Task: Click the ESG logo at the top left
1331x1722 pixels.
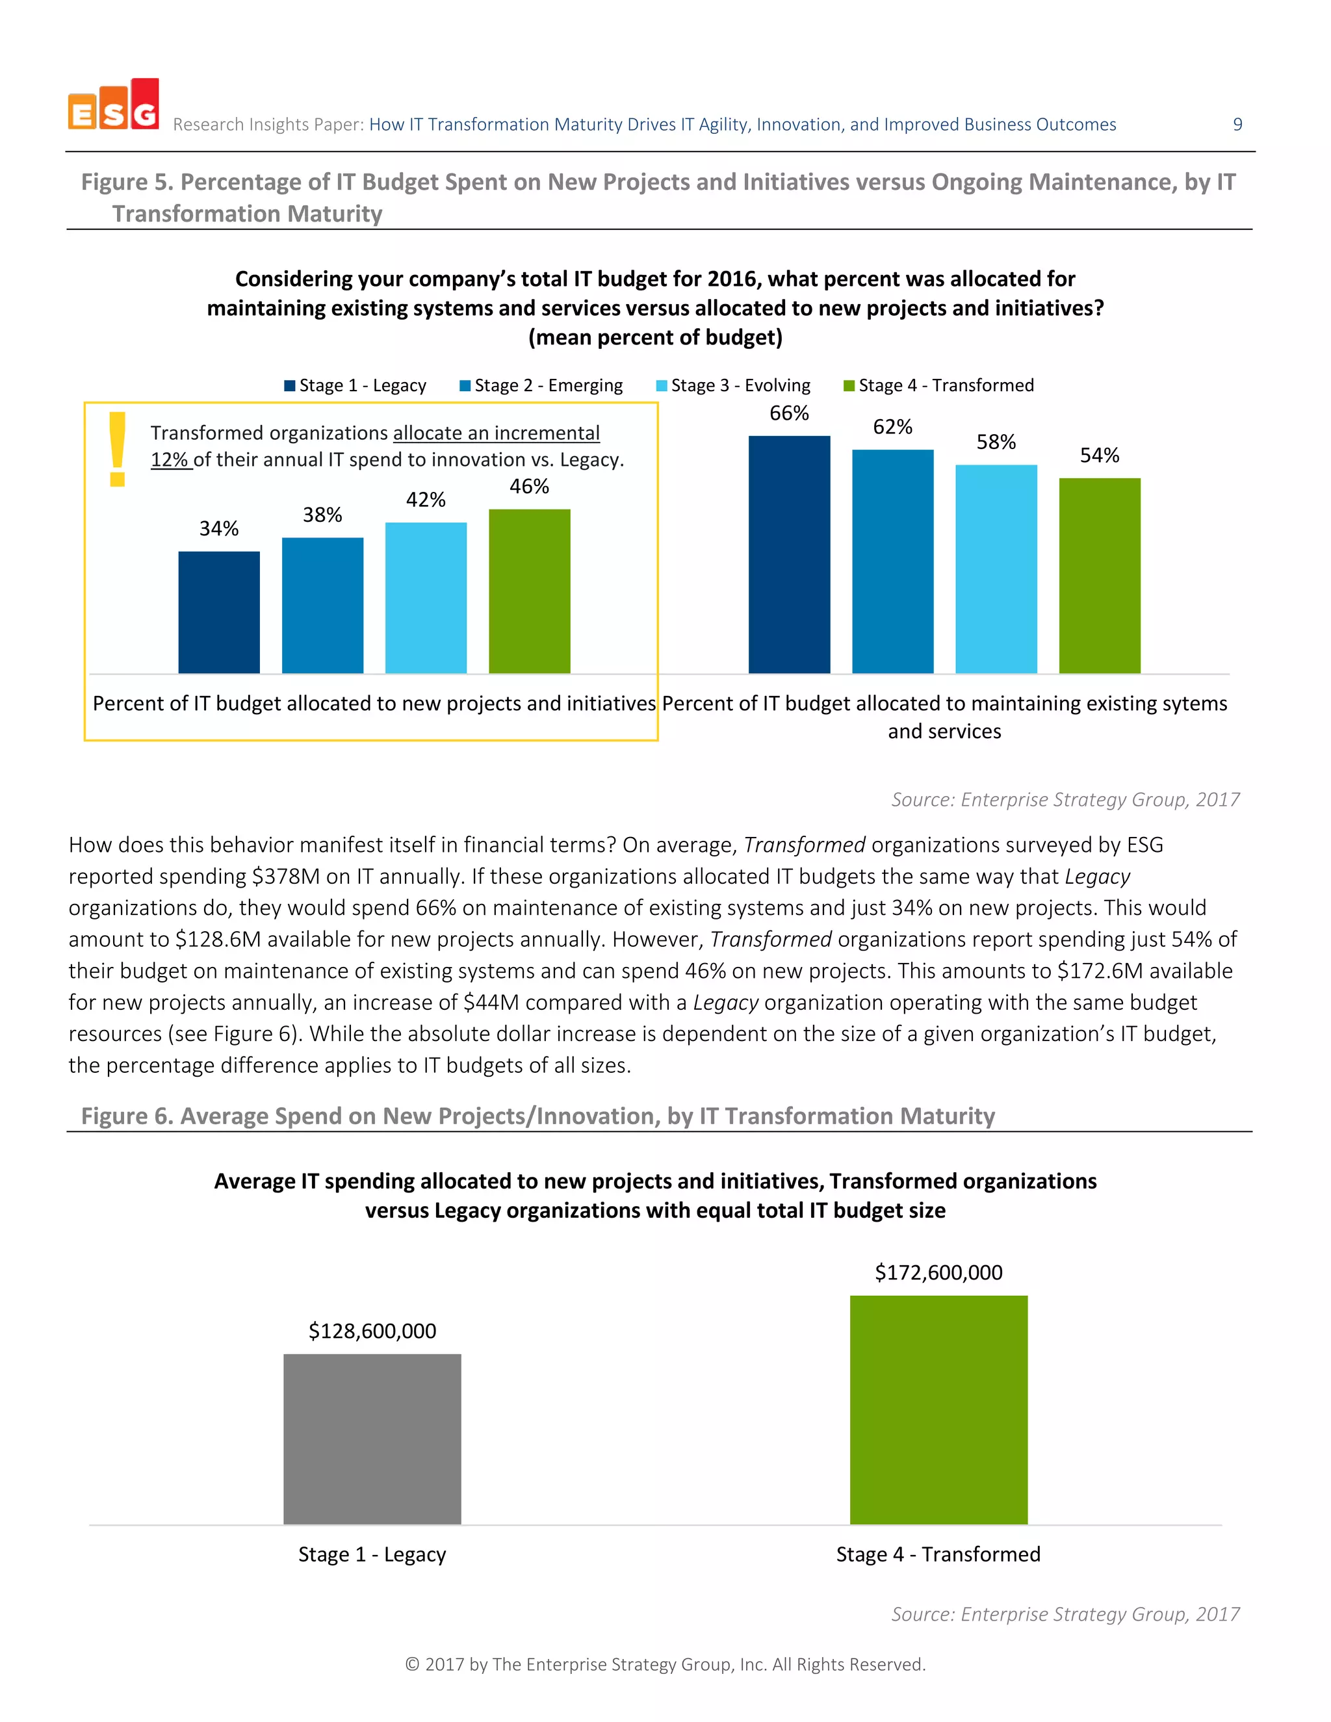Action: (114, 105)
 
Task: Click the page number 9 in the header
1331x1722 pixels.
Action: (1237, 125)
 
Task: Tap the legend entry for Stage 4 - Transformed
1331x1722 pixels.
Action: (938, 385)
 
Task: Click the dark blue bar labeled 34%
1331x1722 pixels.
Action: (218, 612)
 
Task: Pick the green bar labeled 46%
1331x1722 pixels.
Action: (529, 591)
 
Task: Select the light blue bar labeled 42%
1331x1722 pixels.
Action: (426, 598)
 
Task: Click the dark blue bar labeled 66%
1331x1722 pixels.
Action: (788, 554)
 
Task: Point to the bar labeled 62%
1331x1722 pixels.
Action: (892, 561)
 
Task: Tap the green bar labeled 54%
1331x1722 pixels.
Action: (1099, 576)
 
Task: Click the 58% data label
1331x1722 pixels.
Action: (996, 443)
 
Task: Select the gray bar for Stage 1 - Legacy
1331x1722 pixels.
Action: (372, 1439)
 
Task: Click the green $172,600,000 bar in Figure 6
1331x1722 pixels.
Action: (938, 1410)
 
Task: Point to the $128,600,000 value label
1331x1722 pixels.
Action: (372, 1331)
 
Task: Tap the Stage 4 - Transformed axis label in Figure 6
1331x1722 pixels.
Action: (938, 1554)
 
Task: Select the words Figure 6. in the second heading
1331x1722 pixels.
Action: (127, 1116)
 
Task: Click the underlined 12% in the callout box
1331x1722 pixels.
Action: (170, 459)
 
